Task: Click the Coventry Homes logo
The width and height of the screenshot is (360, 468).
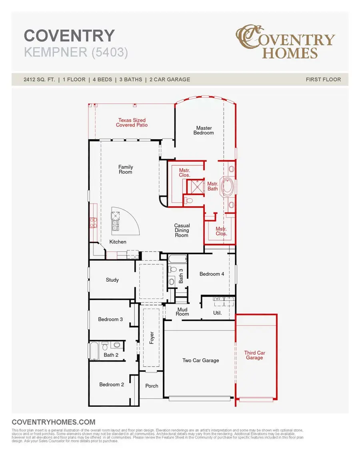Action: click(285, 42)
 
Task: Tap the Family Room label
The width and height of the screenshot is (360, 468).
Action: click(126, 170)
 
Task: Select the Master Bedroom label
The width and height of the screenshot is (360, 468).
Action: click(204, 130)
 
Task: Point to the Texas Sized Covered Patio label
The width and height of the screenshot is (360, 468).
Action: click(132, 122)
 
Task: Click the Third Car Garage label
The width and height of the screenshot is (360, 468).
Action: click(254, 355)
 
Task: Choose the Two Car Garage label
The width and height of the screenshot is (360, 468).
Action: click(200, 360)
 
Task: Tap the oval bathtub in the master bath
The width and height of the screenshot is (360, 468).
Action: click(229, 186)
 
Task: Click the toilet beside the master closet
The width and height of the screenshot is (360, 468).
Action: click(189, 200)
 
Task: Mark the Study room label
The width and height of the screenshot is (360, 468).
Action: click(112, 280)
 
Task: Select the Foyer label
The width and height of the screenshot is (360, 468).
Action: click(152, 338)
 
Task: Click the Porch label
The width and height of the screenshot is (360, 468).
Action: click(152, 386)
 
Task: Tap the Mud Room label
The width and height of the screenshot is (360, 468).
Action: click(182, 312)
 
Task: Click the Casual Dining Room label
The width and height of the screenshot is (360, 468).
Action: click(182, 230)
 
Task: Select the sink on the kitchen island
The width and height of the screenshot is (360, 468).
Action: click(115, 224)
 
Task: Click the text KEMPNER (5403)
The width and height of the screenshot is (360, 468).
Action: click(76, 52)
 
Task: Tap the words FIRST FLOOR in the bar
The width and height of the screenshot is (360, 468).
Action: click(323, 79)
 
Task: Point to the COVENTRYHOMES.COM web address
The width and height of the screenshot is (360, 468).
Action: click(54, 422)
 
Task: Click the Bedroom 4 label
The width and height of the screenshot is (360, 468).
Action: click(212, 274)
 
